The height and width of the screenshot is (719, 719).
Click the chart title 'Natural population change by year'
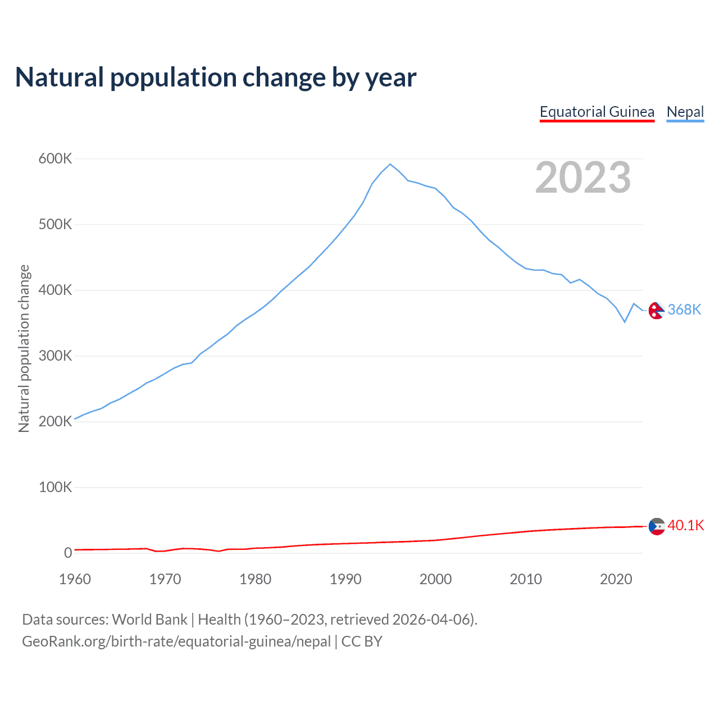[x=216, y=78]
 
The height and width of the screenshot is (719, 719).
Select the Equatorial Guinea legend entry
[x=597, y=112]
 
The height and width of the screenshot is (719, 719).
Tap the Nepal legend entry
[x=685, y=112]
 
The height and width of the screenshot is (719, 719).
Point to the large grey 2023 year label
[x=583, y=178]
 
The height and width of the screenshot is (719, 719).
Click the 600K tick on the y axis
[x=55, y=159]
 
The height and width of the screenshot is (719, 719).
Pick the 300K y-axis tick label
[x=55, y=356]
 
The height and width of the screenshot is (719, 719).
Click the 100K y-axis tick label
[x=55, y=488]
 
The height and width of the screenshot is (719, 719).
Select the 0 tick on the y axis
[x=68, y=553]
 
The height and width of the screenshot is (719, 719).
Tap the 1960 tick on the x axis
[x=75, y=579]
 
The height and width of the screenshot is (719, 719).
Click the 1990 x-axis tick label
[x=345, y=579]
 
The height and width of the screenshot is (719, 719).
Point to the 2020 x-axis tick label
[x=616, y=579]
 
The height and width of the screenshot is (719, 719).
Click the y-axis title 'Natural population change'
[x=24, y=348]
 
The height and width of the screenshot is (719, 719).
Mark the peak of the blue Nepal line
[x=390, y=164]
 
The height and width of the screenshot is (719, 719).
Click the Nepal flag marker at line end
[x=656, y=310]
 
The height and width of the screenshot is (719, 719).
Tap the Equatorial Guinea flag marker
[x=656, y=526]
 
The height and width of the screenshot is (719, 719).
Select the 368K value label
[x=684, y=310]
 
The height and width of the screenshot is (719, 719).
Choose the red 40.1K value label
[x=685, y=526]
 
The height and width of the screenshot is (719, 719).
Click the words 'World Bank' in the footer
[x=149, y=620]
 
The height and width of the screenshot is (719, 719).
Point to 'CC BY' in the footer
[x=362, y=641]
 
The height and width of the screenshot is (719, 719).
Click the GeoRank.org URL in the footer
[x=176, y=641]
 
